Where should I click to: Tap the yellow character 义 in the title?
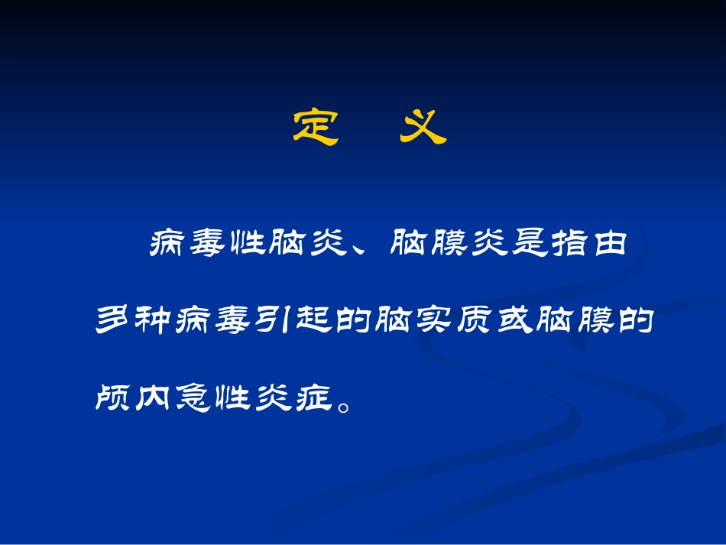(x=423, y=128)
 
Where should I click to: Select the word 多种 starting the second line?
(x=135, y=321)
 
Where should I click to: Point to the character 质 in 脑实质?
(x=474, y=321)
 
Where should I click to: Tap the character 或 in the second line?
(x=514, y=321)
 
